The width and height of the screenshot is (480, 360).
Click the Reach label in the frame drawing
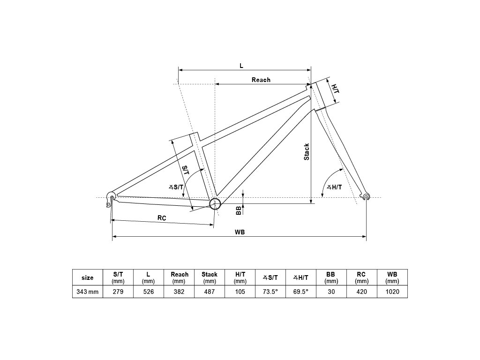[x=261, y=80]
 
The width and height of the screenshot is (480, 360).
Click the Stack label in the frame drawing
[x=307, y=152]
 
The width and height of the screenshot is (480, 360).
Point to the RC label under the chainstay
[x=162, y=218]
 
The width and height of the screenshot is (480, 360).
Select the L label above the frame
[x=241, y=66]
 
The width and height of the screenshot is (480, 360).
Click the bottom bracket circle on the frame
[x=215, y=203]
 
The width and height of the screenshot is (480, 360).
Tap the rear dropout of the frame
[x=111, y=195]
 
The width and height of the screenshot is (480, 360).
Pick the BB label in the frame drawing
[x=239, y=210]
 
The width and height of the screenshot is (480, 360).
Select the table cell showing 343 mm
[x=87, y=291]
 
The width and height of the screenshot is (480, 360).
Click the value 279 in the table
[x=118, y=291]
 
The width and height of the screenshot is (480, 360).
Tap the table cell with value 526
[x=148, y=291]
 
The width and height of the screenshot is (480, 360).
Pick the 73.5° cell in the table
[x=270, y=291]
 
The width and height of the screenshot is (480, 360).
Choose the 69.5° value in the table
[x=300, y=291]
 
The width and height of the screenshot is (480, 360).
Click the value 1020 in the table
[x=392, y=291]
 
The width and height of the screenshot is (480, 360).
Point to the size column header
[x=87, y=277]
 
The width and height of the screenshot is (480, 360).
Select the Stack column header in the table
[x=210, y=277]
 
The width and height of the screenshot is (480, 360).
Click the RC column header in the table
[x=361, y=277]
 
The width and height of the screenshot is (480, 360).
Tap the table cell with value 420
[x=361, y=291]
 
